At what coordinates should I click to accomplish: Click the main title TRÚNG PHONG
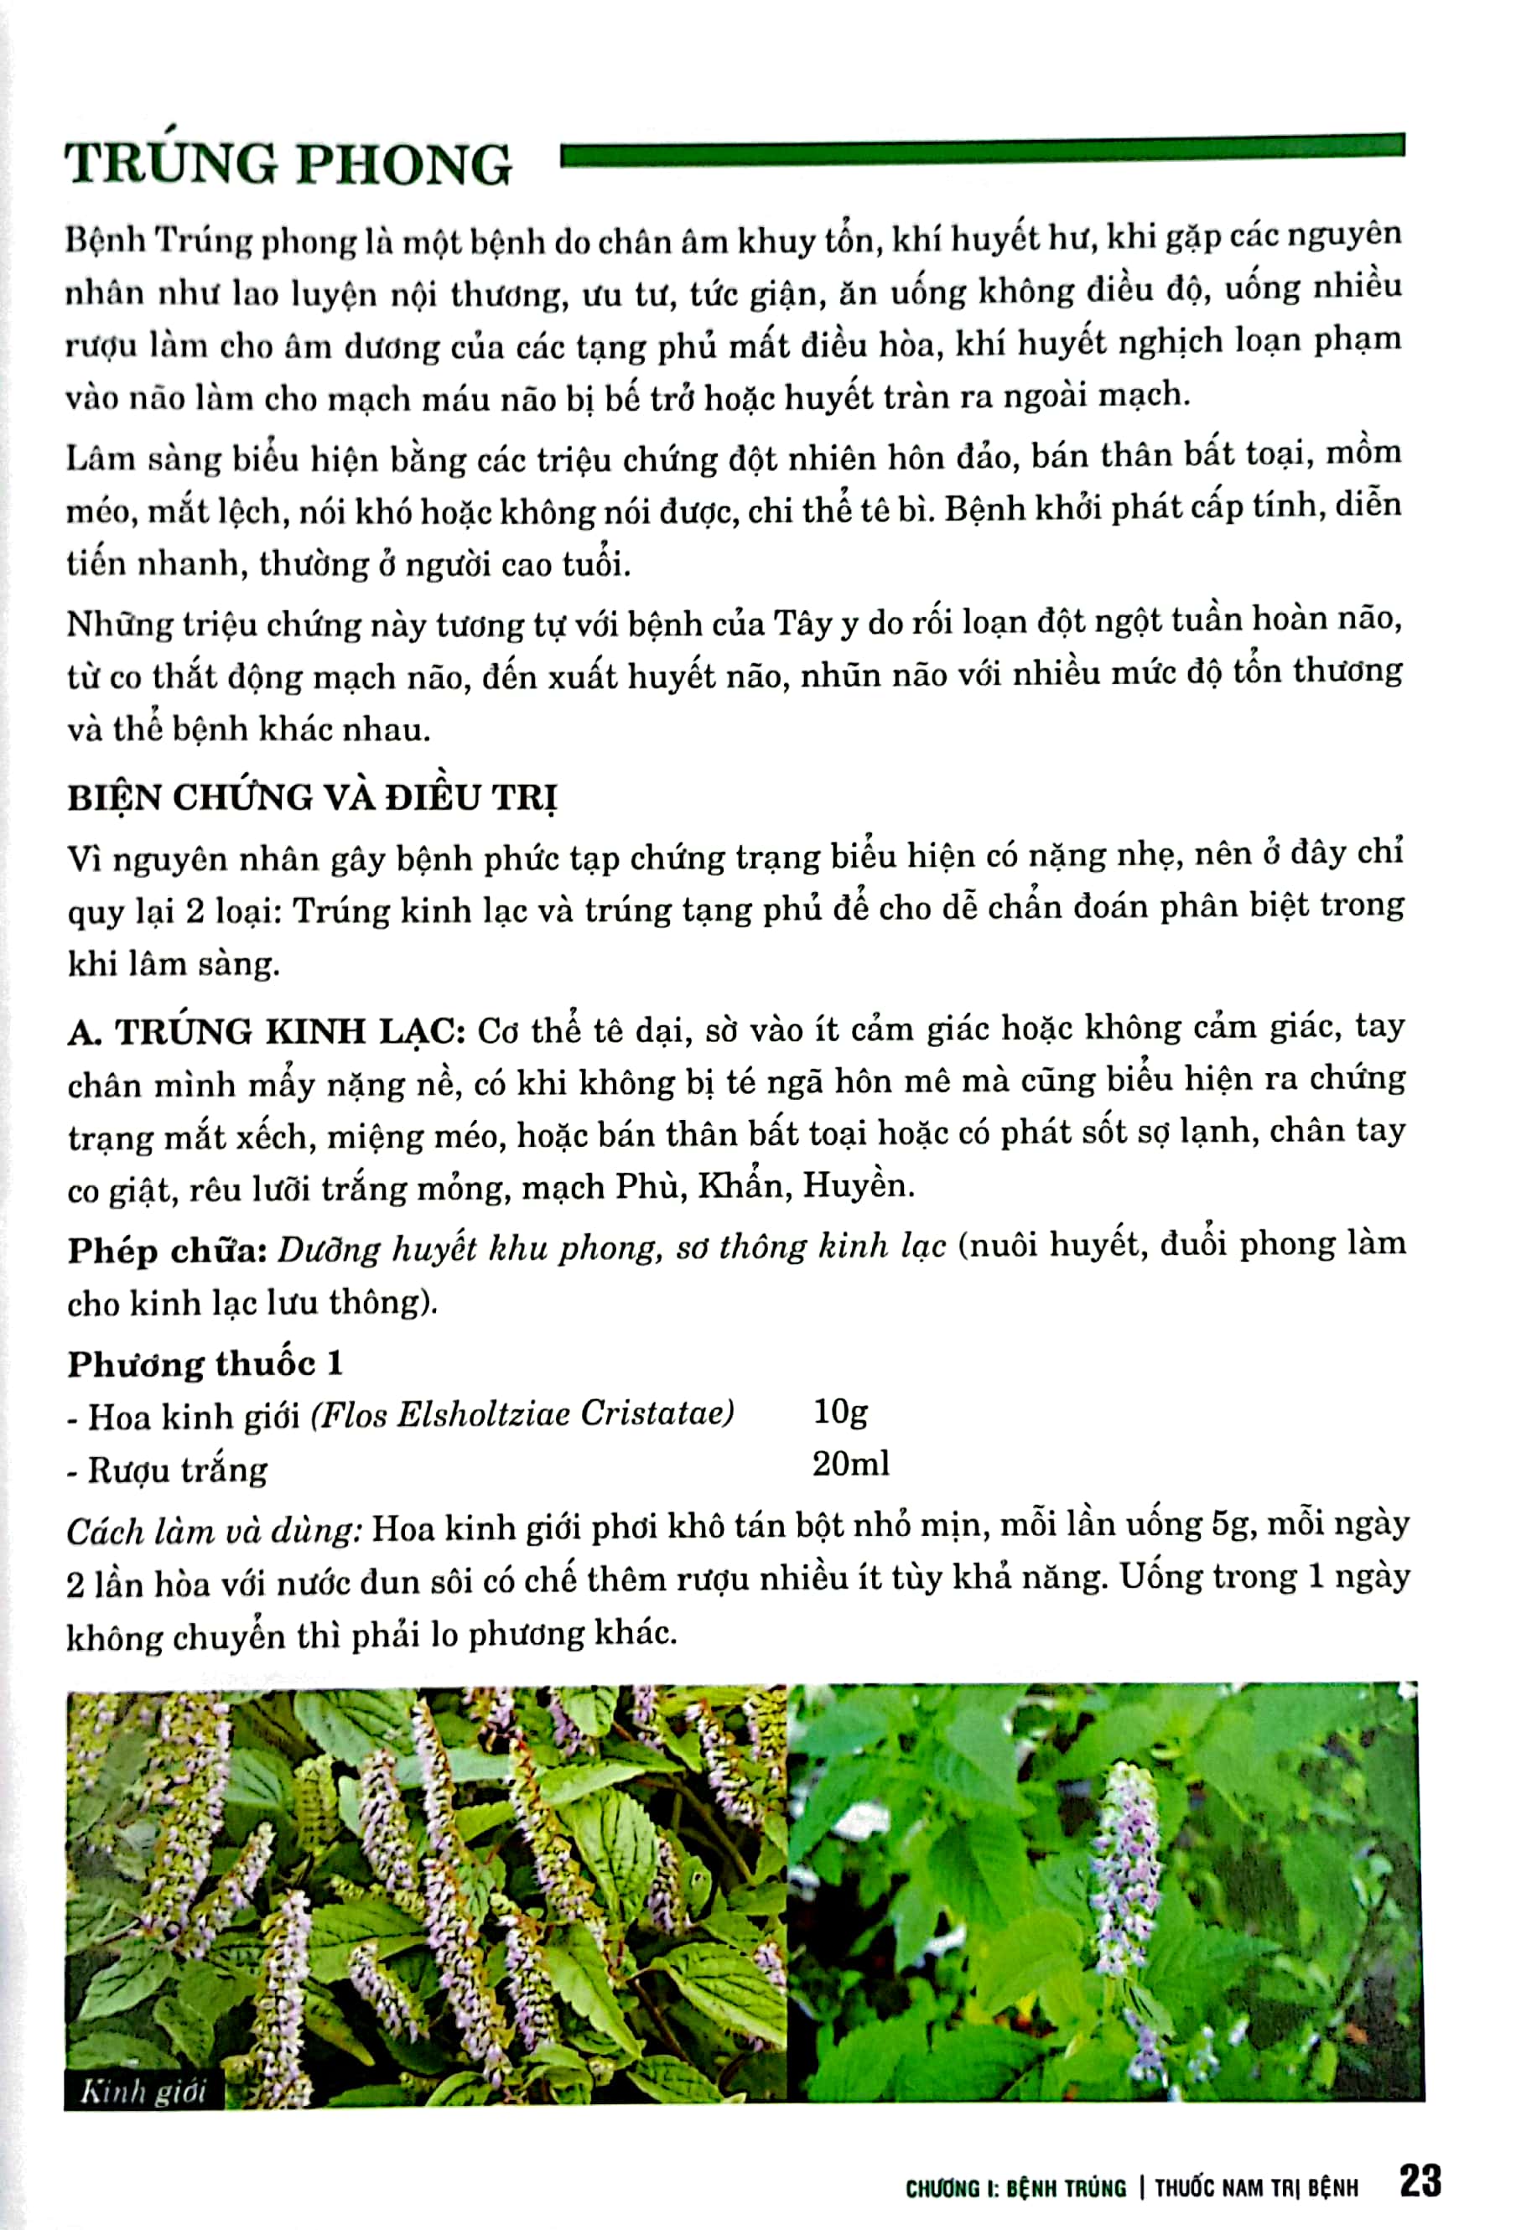[x=288, y=164]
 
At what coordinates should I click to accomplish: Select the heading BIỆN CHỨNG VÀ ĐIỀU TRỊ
[x=312, y=797]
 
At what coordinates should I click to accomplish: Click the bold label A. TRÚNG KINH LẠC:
[x=266, y=1031]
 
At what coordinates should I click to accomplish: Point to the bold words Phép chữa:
[x=166, y=1250]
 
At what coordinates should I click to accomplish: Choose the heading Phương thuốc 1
[x=205, y=1363]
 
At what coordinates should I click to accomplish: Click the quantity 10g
[x=839, y=1412]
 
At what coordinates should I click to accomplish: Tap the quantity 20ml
[x=850, y=1463]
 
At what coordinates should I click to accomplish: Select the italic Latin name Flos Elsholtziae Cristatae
[x=522, y=1413]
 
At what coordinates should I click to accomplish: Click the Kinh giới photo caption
[x=143, y=2091]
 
